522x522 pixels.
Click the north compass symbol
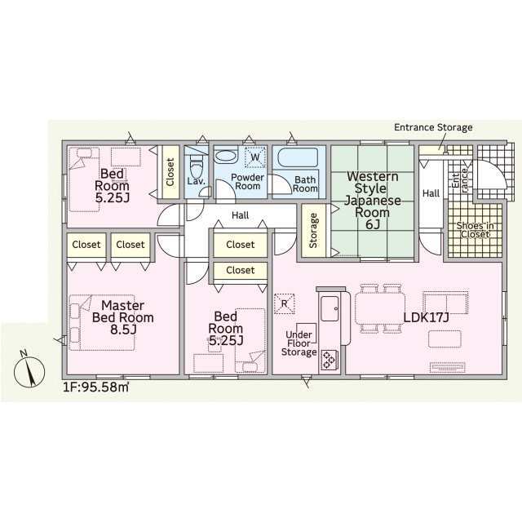(29, 370)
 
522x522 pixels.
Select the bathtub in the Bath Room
(298, 157)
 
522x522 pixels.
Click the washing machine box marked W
(255, 157)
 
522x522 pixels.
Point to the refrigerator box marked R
(285, 303)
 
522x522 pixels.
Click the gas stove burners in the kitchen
(330, 360)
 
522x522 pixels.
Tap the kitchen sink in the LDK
(330, 308)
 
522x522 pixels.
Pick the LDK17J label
(426, 317)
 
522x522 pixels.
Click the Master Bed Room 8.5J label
(123, 317)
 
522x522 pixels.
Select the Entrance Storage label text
(433, 127)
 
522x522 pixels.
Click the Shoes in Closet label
(475, 230)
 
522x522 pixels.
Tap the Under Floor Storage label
(299, 343)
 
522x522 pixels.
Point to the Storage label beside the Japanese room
(313, 230)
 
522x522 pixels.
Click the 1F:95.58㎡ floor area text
(96, 387)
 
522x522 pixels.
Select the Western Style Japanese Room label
(372, 200)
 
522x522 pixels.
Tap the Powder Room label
(247, 182)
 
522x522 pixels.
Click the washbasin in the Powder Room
(226, 157)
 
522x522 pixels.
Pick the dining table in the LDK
(380, 308)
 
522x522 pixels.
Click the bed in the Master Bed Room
(102, 323)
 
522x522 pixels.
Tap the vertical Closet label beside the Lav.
(170, 172)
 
